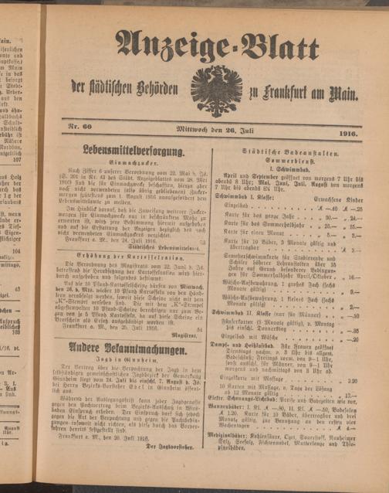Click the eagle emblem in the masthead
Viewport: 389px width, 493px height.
pyautogui.click(x=216, y=90)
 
